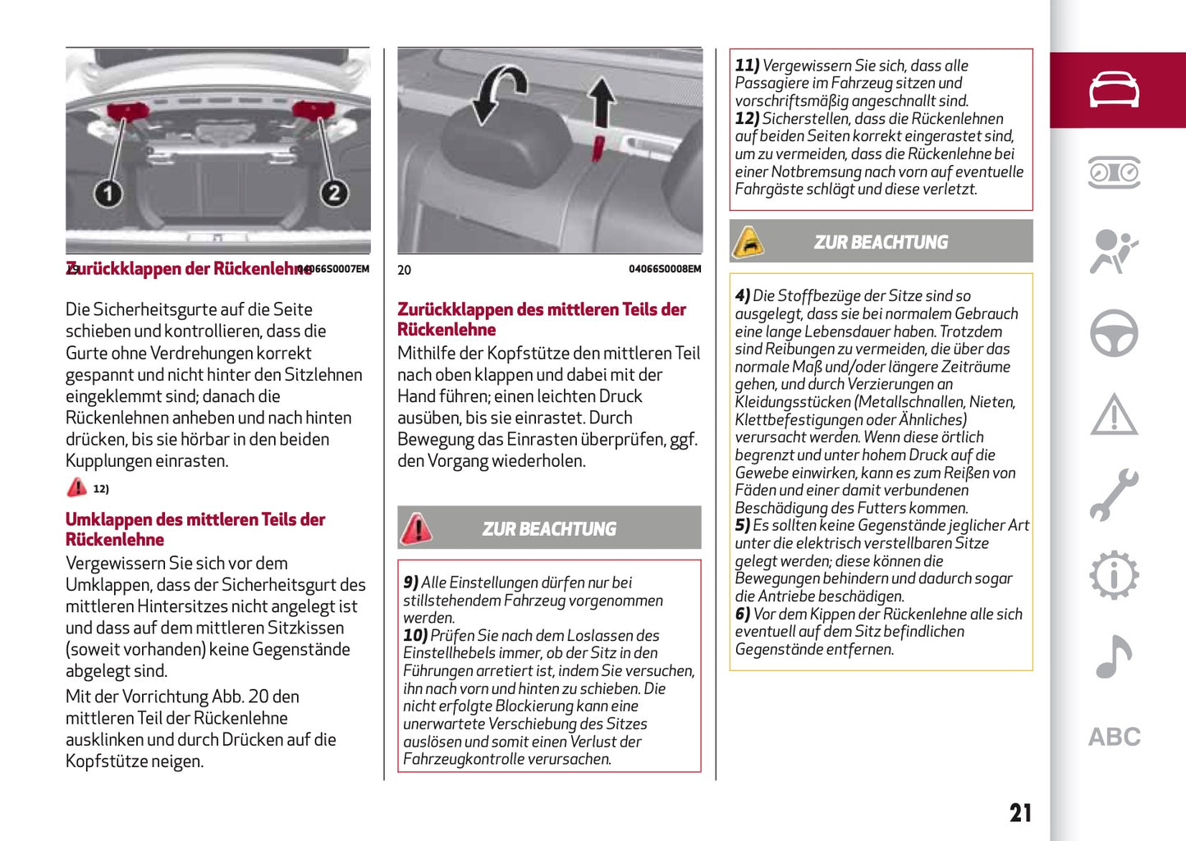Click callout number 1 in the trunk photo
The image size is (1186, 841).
pos(108,194)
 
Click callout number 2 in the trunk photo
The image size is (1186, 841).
pos(333,194)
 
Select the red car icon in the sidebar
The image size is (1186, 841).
pos(1114,89)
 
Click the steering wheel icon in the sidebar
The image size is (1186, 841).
pos(1114,333)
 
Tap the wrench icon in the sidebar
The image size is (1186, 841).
pos(1114,495)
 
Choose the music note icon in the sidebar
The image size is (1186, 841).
pos(1114,656)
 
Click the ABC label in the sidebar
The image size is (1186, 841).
pos(1114,737)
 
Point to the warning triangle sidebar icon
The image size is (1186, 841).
pos(1114,414)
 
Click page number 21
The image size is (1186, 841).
pos(1020,813)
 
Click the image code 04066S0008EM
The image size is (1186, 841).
pos(665,269)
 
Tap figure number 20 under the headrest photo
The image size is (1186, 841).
pos(405,270)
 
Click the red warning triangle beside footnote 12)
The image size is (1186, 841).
pos(76,487)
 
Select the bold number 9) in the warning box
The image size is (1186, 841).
pos(410,583)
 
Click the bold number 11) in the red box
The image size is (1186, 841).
pos(747,66)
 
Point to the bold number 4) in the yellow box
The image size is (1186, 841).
pos(742,296)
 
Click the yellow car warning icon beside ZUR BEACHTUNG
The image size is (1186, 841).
pos(749,242)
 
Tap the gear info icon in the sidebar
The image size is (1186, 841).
pos(1114,575)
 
